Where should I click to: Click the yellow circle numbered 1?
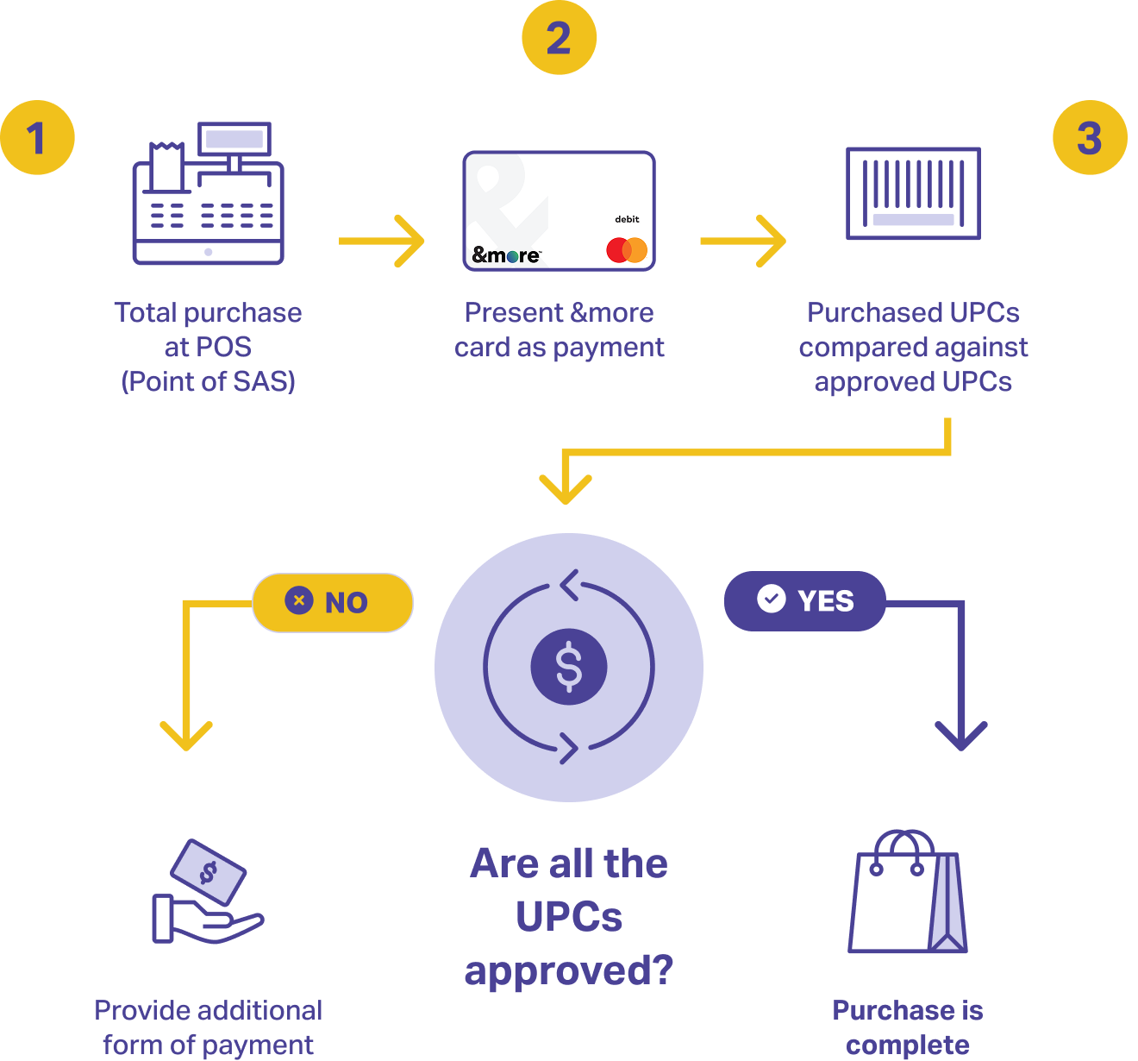pos(37,138)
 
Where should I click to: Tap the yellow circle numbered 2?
pos(559,38)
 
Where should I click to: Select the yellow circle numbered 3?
pos(1090,138)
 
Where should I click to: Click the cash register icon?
pos(208,193)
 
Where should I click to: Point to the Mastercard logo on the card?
pos(627,250)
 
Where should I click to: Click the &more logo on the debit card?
pos(506,254)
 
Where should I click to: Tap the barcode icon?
pos(913,193)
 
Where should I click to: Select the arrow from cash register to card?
pos(382,241)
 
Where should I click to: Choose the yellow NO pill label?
pos(333,602)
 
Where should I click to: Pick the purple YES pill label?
pos(805,600)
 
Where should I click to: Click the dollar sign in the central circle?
pos(569,667)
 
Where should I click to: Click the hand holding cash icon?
pos(208,892)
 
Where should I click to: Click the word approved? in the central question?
pos(569,970)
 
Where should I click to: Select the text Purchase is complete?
pos(908,1027)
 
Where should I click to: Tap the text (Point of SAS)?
pos(208,381)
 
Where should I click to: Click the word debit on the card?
pos(627,219)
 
